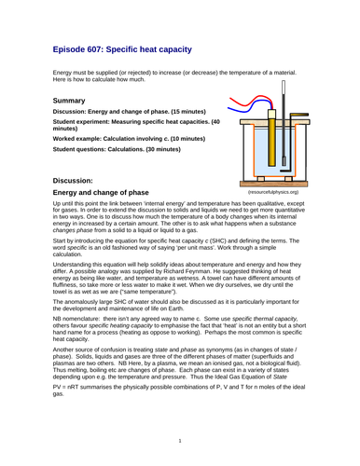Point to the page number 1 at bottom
click(179, 440)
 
